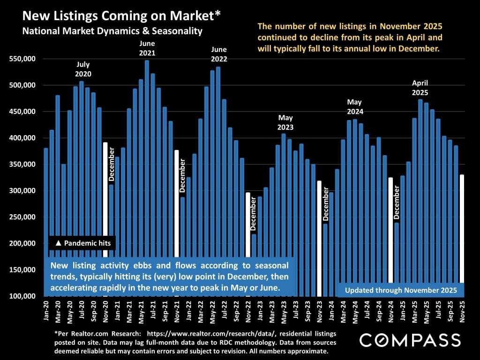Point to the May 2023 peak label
[285, 122]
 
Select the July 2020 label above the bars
[83, 69]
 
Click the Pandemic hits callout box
[82, 243]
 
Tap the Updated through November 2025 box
[400, 290]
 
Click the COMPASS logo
[409, 340]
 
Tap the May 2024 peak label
[355, 107]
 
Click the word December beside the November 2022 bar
[254, 214]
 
